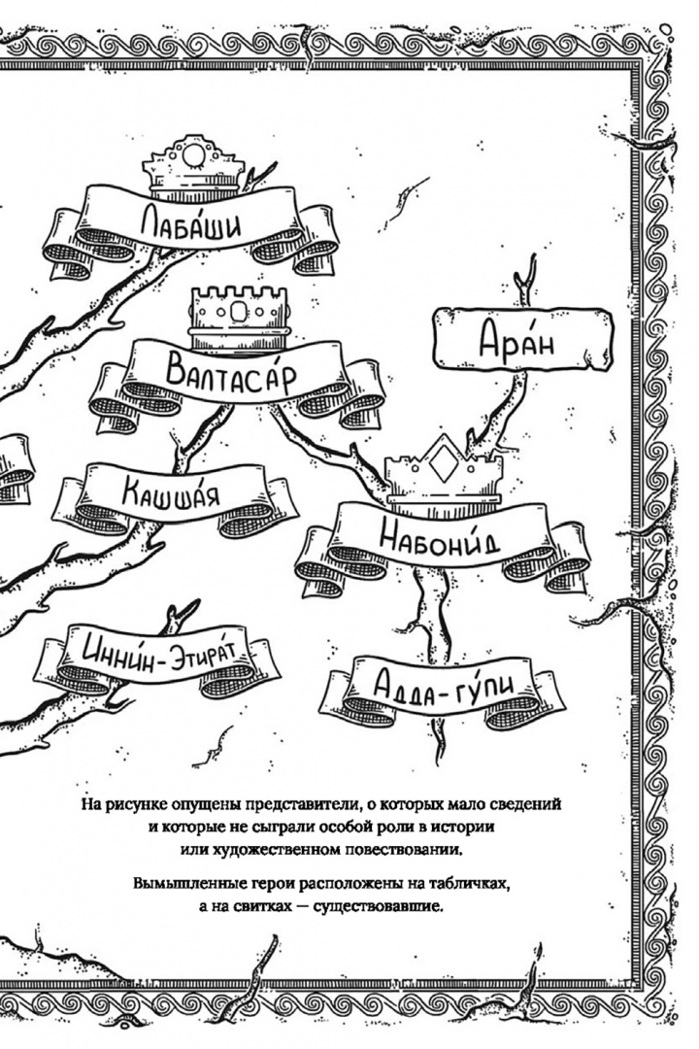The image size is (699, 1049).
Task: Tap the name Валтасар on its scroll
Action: point(230,375)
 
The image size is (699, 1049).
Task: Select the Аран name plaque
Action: point(523,339)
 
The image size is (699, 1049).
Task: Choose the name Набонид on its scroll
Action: point(439,535)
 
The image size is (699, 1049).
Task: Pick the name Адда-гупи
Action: point(444,685)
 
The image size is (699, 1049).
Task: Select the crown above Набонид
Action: point(444,468)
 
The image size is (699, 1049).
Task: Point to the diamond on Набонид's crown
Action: point(443,461)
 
